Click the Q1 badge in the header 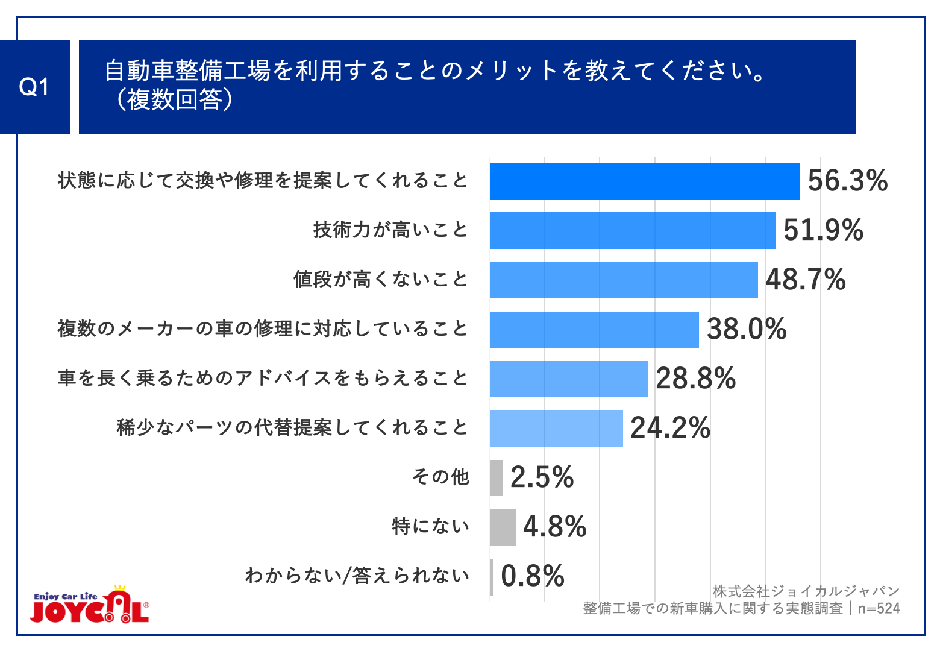[x=34, y=87]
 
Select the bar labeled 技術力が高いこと [x=633, y=230]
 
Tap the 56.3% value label [x=847, y=181]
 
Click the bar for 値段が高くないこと [x=624, y=280]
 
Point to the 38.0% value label [x=747, y=329]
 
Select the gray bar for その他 [x=497, y=477]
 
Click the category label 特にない [x=430, y=527]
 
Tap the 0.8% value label [x=533, y=576]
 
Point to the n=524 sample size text [x=879, y=609]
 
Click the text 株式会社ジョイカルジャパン [x=806, y=591]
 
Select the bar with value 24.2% [x=556, y=428]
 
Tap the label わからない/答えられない [x=357, y=576]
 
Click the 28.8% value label [x=696, y=379]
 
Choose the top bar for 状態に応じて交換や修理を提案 [x=645, y=181]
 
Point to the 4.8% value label [x=554, y=527]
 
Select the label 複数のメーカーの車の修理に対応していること [x=263, y=329]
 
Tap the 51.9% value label [x=823, y=230]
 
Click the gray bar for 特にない [x=503, y=527]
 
